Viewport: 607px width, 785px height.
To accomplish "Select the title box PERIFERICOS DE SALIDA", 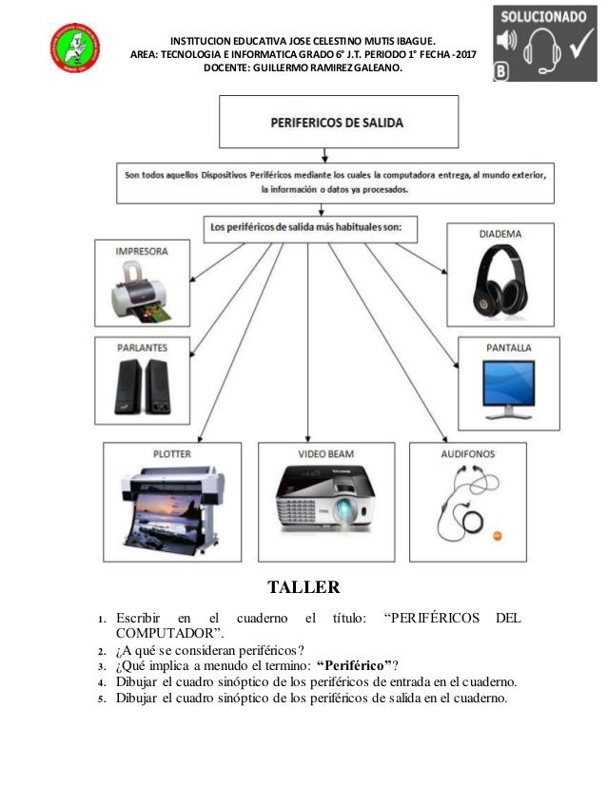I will click(x=336, y=124).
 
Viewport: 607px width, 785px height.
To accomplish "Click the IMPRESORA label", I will click(x=142, y=252).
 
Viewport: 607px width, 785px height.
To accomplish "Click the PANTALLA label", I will click(x=512, y=347).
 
